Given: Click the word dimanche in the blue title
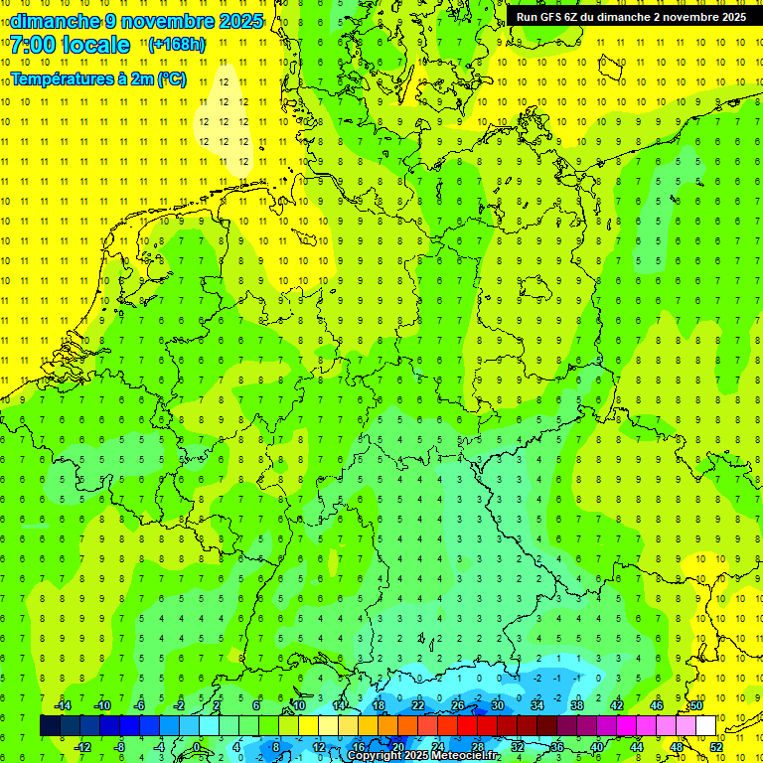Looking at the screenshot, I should point(56,21).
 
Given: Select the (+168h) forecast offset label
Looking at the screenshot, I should point(178,45).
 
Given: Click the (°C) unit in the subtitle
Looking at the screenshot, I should point(171,79).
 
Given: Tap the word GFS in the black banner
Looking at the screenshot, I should point(552,16).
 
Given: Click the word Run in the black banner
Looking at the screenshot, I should point(528,16).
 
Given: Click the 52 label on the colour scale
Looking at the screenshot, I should point(716,746).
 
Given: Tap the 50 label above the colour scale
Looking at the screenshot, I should point(696,705).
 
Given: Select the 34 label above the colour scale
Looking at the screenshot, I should point(536,705).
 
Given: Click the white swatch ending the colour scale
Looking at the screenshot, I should point(705,725).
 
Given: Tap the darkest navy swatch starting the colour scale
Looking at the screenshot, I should point(50,725).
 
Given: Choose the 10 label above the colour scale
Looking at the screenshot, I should point(299,705).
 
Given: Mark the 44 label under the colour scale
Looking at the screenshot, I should point(637,746).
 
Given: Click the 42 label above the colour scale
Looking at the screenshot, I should point(617,705).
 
